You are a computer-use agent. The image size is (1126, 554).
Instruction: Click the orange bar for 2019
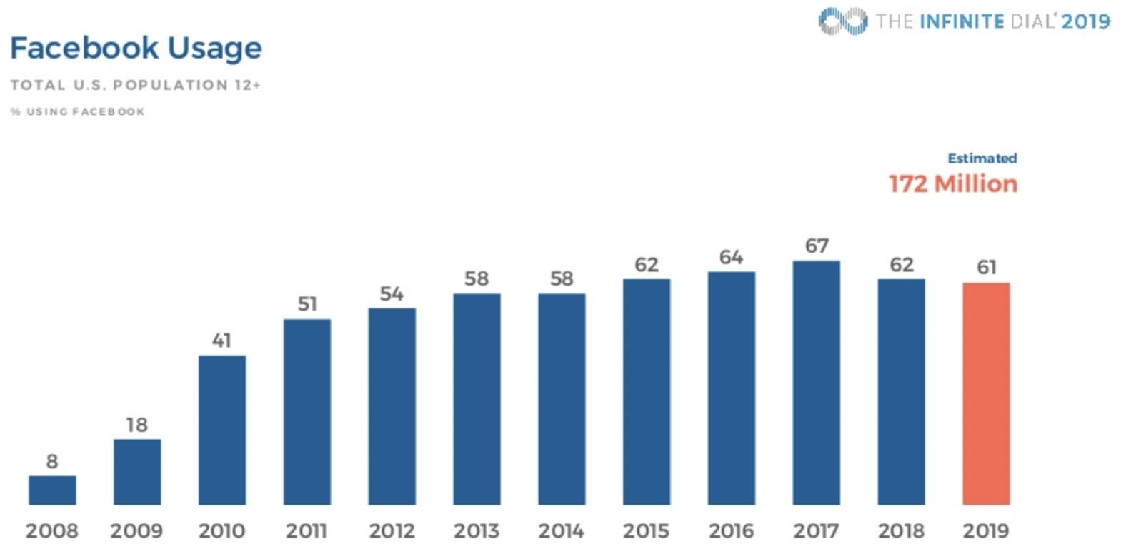tap(986, 393)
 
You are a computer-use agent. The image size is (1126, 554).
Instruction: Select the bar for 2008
tap(52, 490)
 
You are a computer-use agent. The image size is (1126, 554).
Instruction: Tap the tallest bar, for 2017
tap(816, 383)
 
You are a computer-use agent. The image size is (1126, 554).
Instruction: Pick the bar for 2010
tap(222, 430)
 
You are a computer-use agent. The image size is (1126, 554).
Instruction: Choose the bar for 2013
tap(477, 399)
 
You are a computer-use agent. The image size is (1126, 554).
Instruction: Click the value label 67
tap(817, 246)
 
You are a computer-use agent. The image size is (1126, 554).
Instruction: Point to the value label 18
tap(136, 425)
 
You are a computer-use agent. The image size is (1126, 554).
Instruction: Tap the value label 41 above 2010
tap(221, 341)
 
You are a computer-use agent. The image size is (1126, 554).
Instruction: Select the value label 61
tap(986, 267)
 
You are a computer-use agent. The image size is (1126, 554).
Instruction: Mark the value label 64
tap(731, 257)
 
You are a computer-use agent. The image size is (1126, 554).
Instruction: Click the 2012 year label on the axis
tap(392, 530)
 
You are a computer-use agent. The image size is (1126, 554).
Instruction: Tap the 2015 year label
tap(646, 530)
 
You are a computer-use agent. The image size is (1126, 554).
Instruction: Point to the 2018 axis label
tap(901, 530)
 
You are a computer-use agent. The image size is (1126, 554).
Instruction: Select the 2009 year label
tap(136, 530)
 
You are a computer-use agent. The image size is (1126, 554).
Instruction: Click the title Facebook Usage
tap(136, 49)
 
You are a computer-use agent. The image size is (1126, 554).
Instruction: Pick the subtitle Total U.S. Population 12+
tap(135, 85)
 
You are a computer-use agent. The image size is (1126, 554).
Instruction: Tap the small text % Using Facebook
tap(77, 111)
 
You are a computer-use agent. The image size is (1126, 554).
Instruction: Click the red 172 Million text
tap(952, 184)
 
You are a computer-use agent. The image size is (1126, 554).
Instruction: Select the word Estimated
tap(982, 158)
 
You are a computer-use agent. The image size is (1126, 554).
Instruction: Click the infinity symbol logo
tap(842, 21)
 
